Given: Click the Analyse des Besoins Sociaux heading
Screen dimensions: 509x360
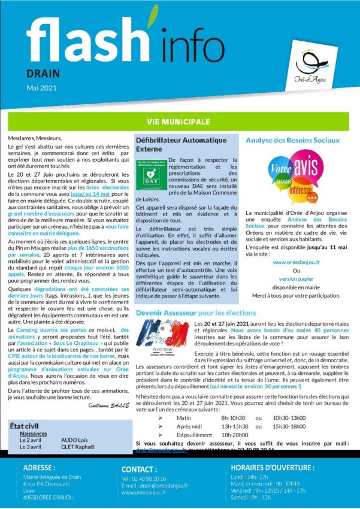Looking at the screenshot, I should pos(293,141).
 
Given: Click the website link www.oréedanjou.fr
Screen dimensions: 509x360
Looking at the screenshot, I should pos(293,262).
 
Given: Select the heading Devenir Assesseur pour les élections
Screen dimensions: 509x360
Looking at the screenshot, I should pos(196,313).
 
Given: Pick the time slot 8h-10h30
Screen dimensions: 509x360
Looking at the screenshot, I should pos(234,434).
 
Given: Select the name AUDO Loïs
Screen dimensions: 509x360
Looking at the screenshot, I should pos(74,440).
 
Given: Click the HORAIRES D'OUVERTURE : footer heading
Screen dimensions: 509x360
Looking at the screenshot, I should pos(273,467).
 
